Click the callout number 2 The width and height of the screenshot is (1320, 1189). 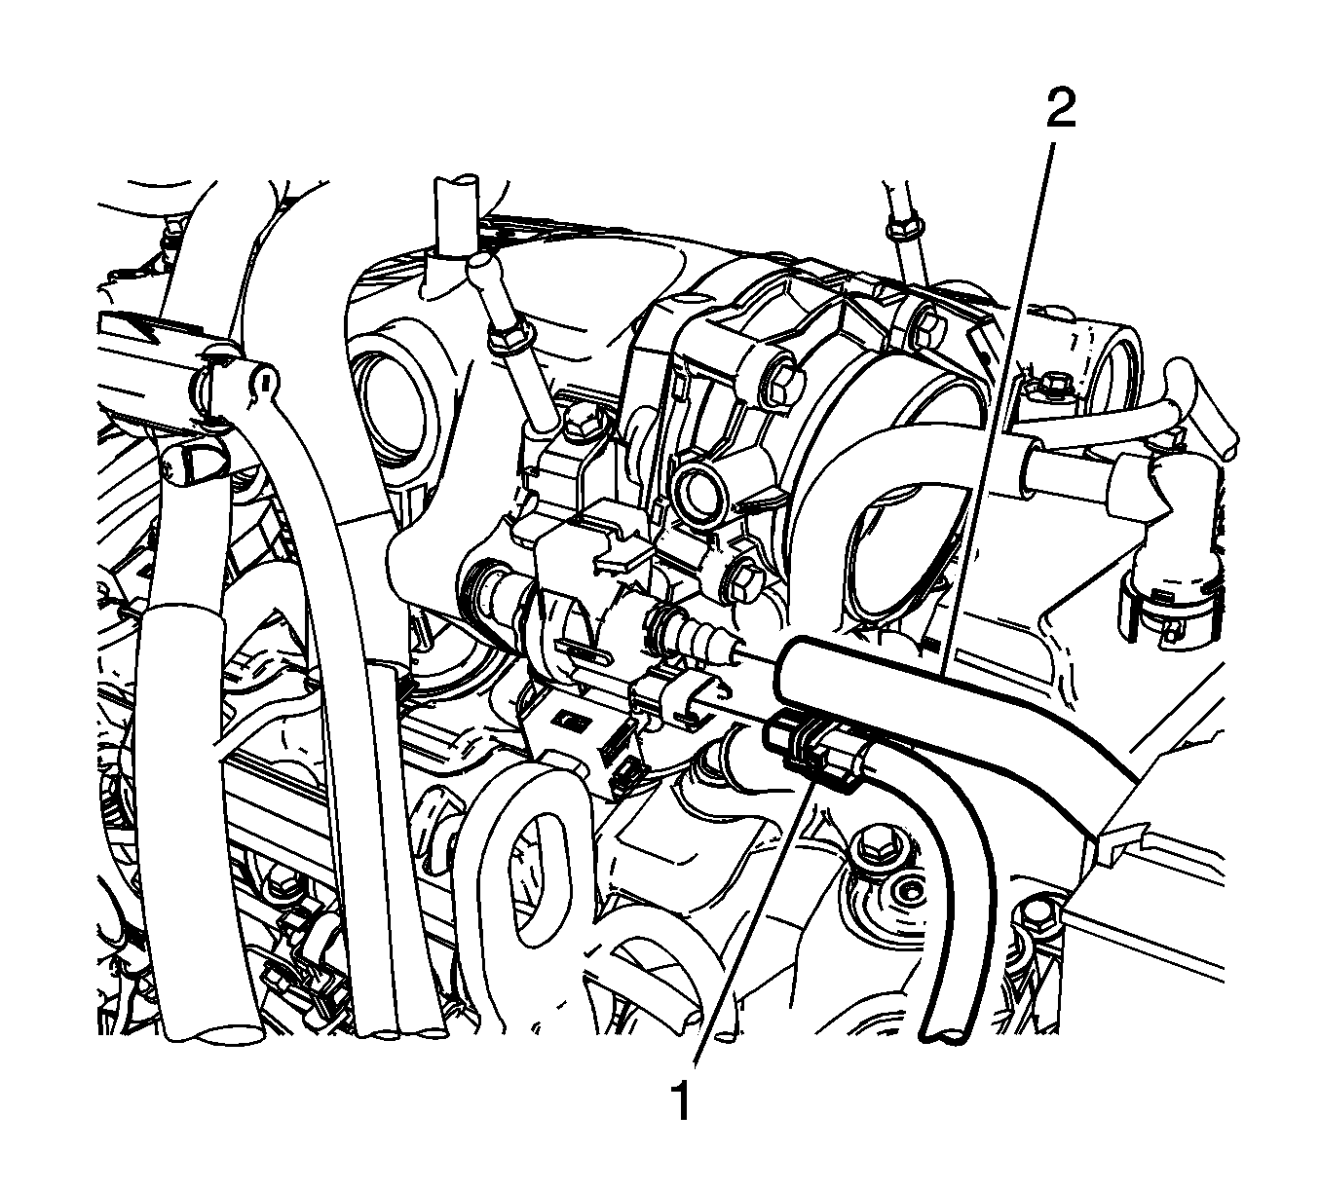pyautogui.click(x=1059, y=110)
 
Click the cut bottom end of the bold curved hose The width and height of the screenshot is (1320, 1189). pyautogui.click(x=945, y=1035)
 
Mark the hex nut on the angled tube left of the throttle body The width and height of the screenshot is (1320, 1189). pyautogui.click(x=508, y=340)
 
